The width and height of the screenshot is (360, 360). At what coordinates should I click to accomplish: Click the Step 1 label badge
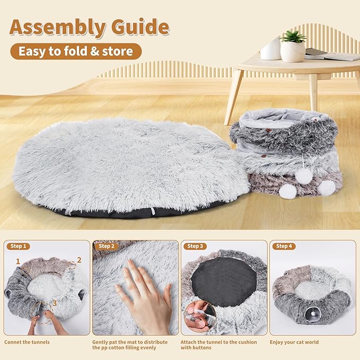tap(19, 246)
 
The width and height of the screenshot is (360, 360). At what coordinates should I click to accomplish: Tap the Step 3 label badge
tap(195, 246)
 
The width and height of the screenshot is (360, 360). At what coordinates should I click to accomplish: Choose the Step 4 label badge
tap(284, 246)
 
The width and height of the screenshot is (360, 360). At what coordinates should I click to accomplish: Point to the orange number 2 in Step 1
tap(78, 260)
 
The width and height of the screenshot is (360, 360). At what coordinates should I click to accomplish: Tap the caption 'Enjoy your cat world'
tap(294, 342)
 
